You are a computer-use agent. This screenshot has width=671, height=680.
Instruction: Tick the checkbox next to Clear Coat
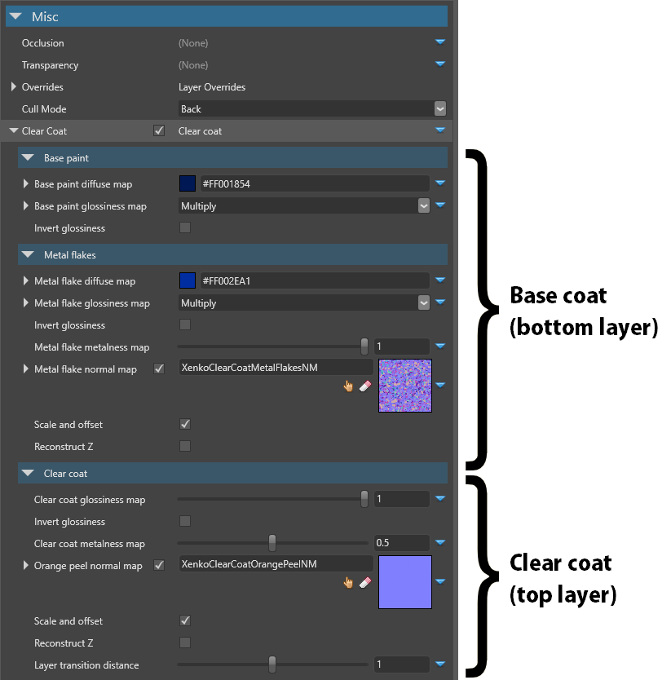[159, 130]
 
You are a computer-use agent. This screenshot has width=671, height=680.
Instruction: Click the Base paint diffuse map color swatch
[188, 183]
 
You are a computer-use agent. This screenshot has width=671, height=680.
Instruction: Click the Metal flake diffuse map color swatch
[188, 280]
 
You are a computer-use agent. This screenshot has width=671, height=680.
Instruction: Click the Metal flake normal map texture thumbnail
[405, 386]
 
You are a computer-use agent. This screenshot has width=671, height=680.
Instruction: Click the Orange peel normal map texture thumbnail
[405, 582]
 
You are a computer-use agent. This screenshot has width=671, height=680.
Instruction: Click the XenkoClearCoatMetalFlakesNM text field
[276, 368]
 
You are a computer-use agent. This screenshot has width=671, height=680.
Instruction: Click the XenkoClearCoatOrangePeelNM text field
[276, 564]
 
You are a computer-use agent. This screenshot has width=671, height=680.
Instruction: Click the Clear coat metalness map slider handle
[272, 543]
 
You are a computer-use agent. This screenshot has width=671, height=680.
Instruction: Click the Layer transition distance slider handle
[272, 665]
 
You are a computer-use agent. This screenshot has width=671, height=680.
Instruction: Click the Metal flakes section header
[233, 255]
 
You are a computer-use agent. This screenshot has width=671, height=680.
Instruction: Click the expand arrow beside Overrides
[13, 86]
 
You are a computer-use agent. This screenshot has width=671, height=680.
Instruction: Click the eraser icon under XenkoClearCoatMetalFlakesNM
[365, 386]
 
